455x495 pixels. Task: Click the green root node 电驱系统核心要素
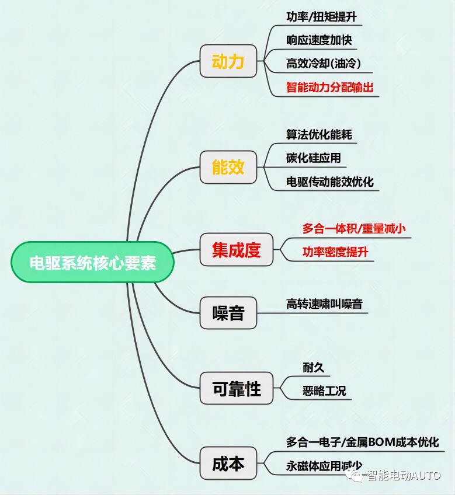[93, 262]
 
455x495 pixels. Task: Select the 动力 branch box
[228, 61]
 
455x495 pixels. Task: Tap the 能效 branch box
[228, 167]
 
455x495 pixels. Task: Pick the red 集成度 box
[237, 249]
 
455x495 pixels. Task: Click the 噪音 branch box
[228, 313]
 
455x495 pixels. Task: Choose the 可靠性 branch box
[237, 388]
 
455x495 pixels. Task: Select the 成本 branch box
[228, 463]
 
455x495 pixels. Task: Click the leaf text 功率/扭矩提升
[321, 16]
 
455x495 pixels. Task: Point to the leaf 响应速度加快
[319, 40]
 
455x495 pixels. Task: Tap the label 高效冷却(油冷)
[324, 64]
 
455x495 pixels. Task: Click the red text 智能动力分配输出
[330, 87]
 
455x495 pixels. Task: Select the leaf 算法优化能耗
[319, 134]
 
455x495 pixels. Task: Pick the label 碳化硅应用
[314, 158]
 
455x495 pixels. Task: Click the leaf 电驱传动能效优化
[330, 182]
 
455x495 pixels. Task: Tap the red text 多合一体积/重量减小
[354, 228]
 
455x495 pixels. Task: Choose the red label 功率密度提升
[335, 252]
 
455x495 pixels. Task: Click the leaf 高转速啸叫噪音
[324, 304]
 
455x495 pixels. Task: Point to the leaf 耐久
[314, 367]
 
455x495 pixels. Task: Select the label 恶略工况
[324, 391]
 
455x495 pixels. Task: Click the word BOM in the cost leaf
[381, 442]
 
